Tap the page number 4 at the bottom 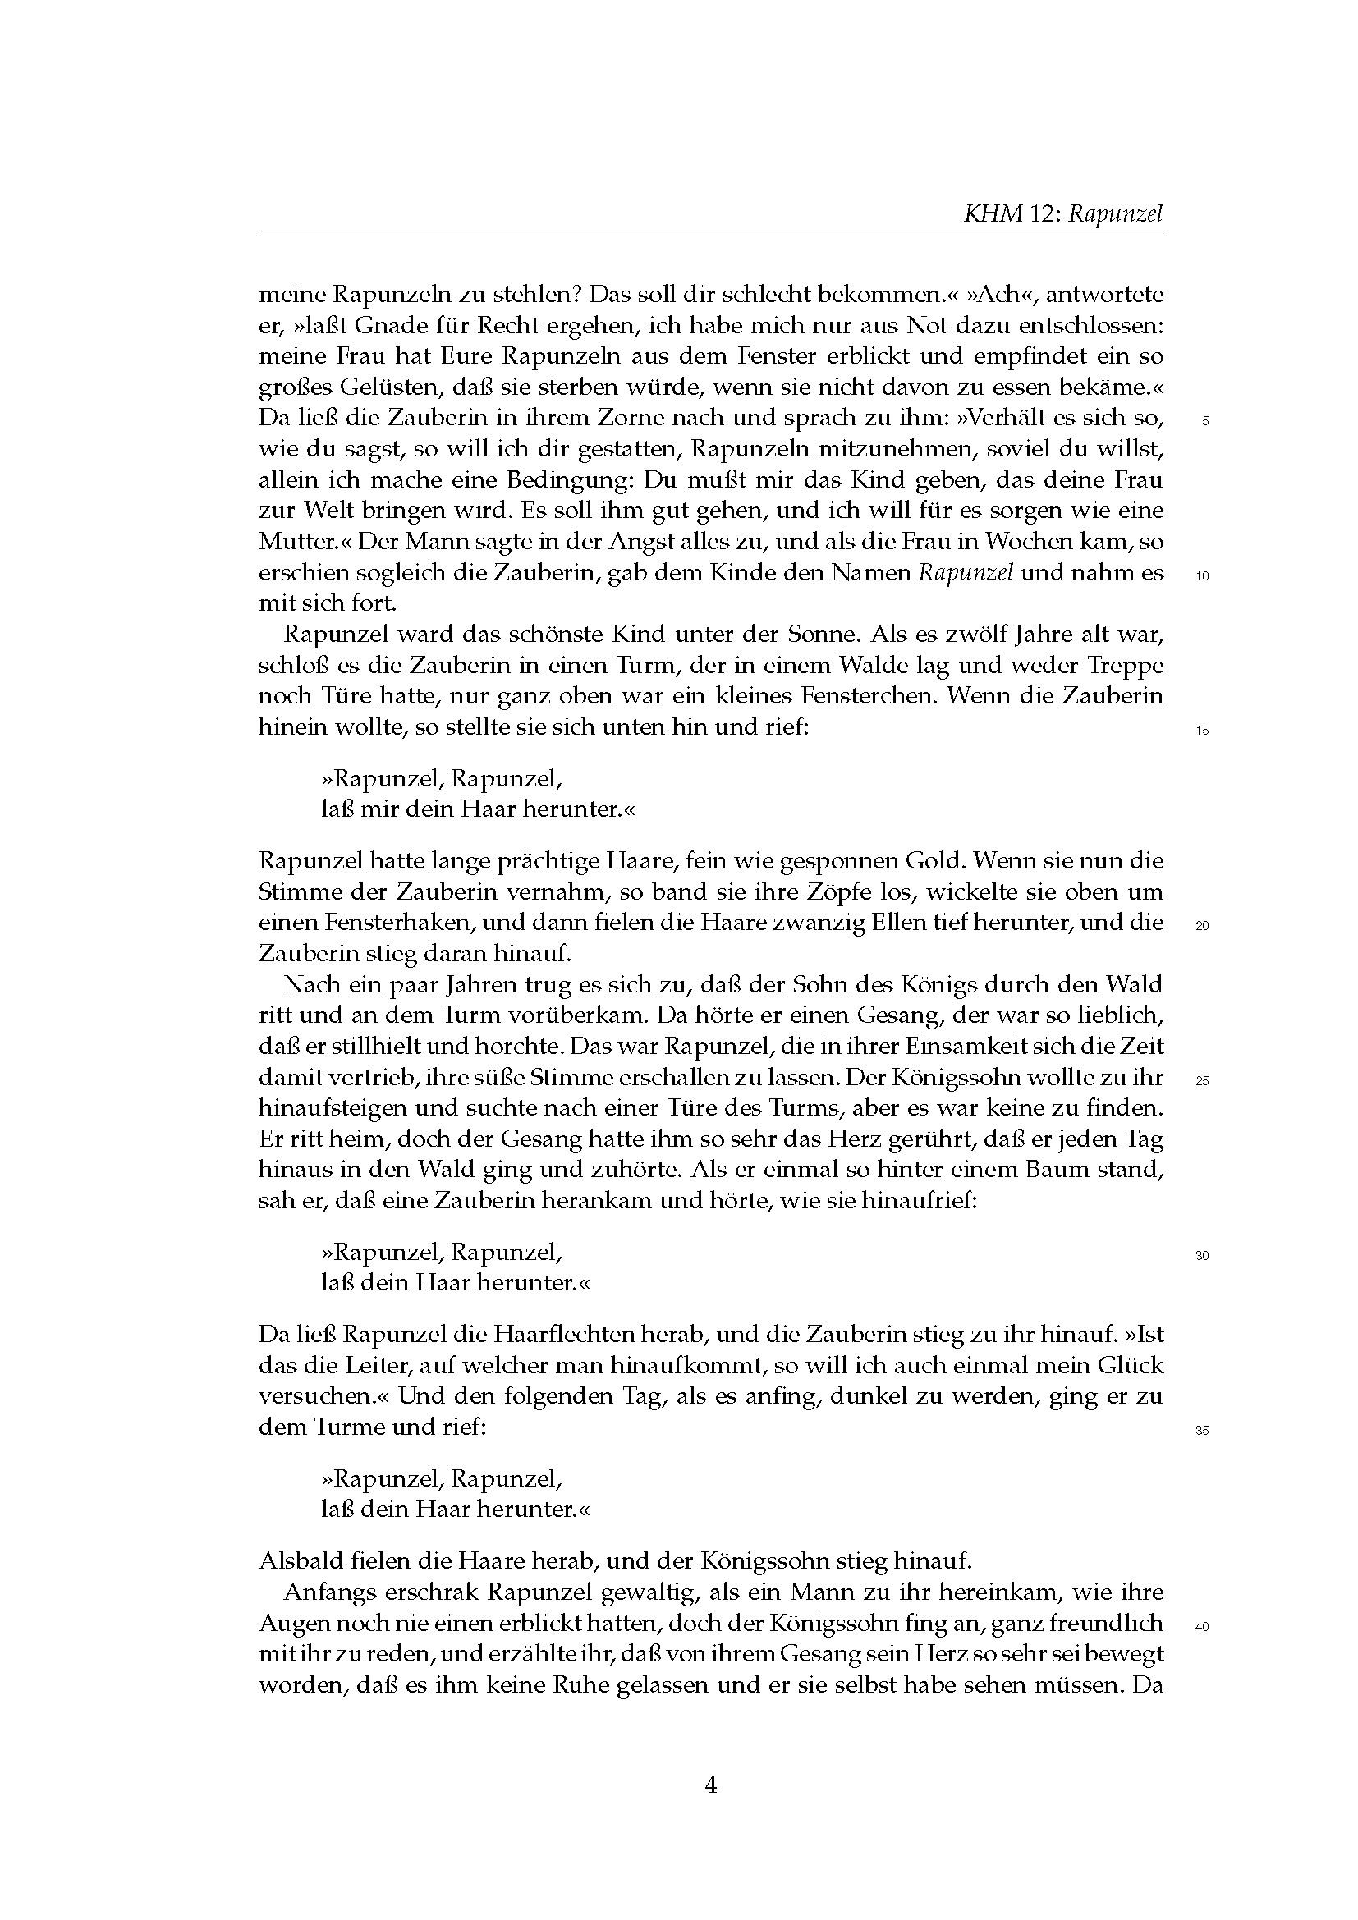pyautogui.click(x=711, y=1785)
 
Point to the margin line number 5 pyautogui.click(x=1205, y=421)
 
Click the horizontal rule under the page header pyautogui.click(x=711, y=231)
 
